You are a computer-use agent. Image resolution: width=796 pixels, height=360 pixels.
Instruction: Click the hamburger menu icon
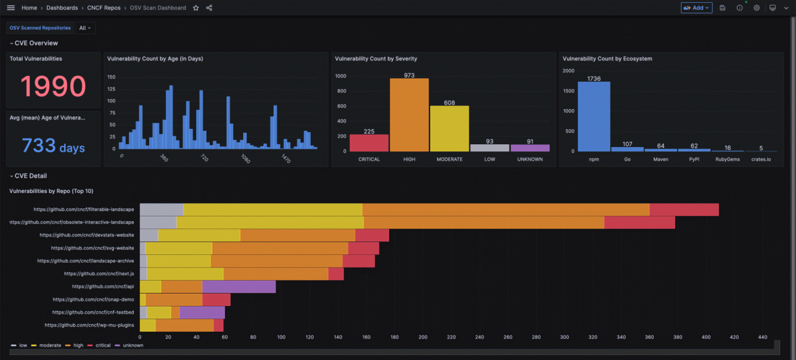click(11, 8)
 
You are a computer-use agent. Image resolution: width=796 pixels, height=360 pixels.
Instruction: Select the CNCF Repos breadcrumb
click(104, 8)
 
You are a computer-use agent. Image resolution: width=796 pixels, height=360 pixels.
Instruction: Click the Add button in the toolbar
click(696, 8)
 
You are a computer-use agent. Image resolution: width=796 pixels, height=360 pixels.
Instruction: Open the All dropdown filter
click(85, 28)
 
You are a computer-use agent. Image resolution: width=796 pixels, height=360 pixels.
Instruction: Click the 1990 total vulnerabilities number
click(53, 86)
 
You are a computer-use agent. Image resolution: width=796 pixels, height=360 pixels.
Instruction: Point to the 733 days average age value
click(53, 146)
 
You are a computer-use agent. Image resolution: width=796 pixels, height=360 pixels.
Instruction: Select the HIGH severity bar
click(409, 115)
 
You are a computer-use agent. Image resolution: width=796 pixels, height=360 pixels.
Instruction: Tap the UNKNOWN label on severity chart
click(530, 159)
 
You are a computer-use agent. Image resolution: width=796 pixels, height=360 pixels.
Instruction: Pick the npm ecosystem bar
click(594, 117)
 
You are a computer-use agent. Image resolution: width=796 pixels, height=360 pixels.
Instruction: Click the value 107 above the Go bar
click(627, 144)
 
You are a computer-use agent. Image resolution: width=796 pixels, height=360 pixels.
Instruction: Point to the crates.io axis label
click(761, 159)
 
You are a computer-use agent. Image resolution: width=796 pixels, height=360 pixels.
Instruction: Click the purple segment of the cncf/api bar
click(239, 286)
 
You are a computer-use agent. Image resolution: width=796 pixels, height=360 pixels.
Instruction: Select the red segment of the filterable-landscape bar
click(684, 210)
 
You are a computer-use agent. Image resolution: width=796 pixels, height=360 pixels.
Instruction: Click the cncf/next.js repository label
click(99, 274)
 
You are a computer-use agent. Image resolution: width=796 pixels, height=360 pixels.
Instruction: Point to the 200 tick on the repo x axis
click(423, 337)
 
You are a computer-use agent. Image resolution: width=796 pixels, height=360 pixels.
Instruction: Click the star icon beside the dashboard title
click(196, 8)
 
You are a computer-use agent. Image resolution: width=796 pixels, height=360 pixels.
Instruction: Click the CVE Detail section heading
click(30, 176)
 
